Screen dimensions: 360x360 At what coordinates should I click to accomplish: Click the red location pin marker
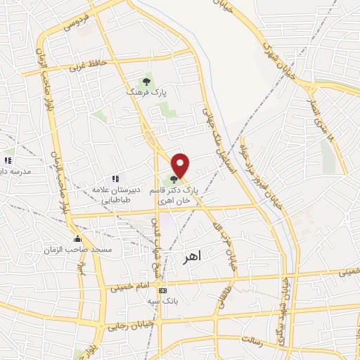click(181, 165)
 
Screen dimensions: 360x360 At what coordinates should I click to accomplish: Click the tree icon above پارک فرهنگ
click(146, 82)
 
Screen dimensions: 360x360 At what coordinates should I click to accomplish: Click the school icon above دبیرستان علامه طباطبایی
click(115, 179)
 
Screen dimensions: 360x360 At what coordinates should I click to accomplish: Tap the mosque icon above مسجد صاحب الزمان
click(76, 238)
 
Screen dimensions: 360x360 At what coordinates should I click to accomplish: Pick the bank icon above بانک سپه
click(163, 290)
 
